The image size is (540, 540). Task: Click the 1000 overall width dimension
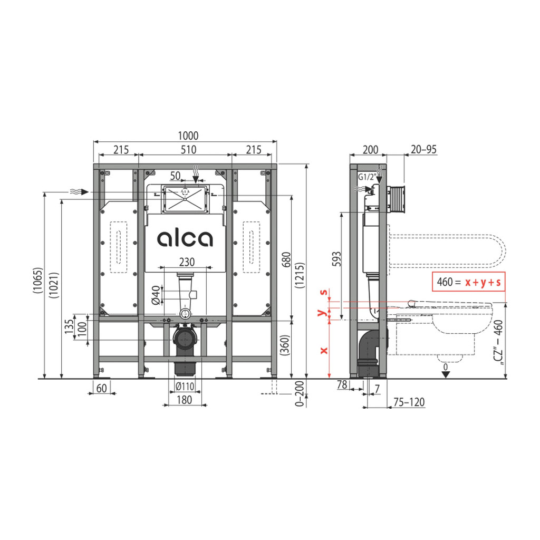pos(188,136)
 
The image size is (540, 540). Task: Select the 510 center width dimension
pos(188,149)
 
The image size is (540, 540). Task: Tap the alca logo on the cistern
pos(185,238)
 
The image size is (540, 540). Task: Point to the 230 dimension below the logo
pos(187,262)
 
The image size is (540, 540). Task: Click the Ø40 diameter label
pos(156,295)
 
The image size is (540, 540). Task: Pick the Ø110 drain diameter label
pos(185,387)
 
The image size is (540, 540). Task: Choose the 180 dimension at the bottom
pos(184,400)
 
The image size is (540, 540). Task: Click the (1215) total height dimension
pos(300,275)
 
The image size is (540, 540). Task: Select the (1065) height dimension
pos(37,281)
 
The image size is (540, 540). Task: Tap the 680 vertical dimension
pos(286,259)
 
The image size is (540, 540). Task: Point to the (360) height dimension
pos(285,345)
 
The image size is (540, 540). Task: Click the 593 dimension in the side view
pos(336,259)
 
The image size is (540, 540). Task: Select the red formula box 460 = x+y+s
pos(469,282)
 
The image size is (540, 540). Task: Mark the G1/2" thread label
pos(367,177)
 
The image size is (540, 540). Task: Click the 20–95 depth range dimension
pos(423,149)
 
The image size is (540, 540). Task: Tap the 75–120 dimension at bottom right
pos(409,402)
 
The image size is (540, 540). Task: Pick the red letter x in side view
pos(324,351)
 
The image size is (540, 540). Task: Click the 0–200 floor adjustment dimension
pos(300,393)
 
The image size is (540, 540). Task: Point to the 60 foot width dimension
pos(101,388)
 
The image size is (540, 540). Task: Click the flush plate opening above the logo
pos(185,199)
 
